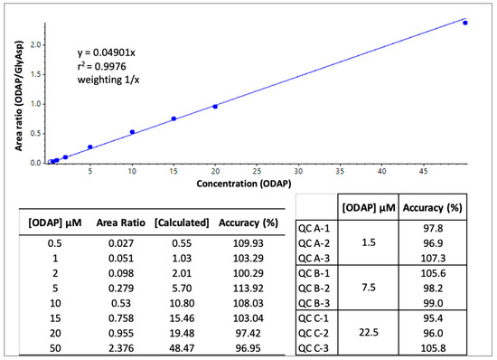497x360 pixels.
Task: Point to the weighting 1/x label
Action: click(x=107, y=79)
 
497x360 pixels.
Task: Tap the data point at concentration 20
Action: click(x=215, y=107)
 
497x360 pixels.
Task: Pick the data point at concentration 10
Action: click(x=132, y=132)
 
